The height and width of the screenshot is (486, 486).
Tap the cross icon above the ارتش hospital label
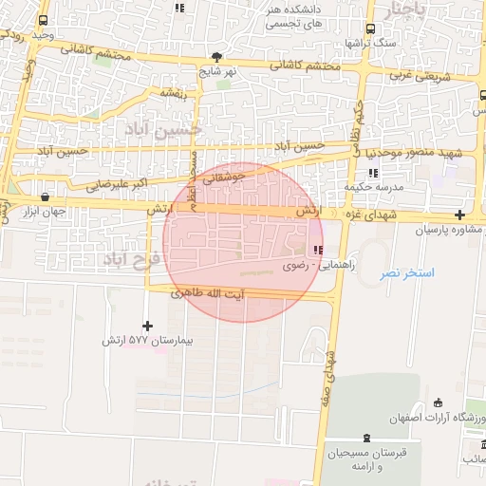[x=147, y=326]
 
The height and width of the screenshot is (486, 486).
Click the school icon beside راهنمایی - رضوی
[x=316, y=251]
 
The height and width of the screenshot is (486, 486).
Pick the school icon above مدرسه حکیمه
[x=372, y=173]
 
